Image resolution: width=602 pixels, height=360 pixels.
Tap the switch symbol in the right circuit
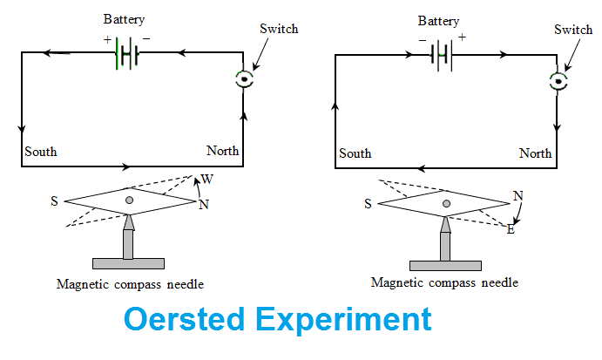pyautogui.click(x=558, y=81)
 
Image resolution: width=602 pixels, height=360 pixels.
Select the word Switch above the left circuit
pyautogui.click(x=279, y=29)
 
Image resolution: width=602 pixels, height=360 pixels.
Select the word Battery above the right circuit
pyautogui.click(x=438, y=20)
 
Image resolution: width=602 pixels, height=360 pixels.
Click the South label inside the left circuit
pyautogui.click(x=41, y=152)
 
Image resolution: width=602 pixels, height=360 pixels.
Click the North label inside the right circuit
pyautogui.click(x=535, y=153)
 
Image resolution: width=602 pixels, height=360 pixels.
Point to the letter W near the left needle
pyautogui.click(x=207, y=180)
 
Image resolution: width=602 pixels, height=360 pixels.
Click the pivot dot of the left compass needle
pyautogui.click(x=129, y=200)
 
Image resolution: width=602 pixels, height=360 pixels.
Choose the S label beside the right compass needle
pyautogui.click(x=369, y=204)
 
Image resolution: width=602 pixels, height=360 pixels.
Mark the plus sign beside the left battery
pyautogui.click(x=108, y=40)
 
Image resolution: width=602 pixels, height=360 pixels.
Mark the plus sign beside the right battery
pyautogui.click(x=463, y=37)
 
